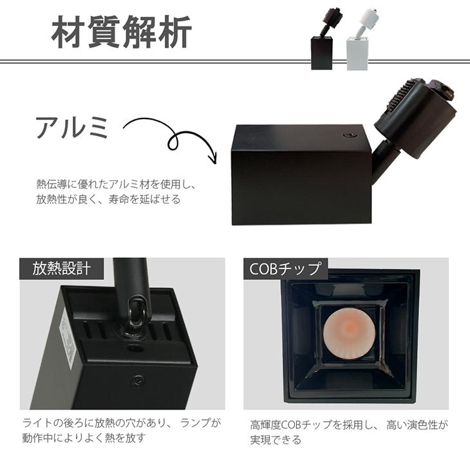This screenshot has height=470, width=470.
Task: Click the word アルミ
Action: coord(72,128)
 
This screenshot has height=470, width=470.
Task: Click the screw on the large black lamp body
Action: coord(352,136)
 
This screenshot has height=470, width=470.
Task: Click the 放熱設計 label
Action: coord(62,268)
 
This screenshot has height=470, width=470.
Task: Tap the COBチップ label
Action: coord(285,268)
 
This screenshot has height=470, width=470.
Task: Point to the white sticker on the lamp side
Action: coord(69,335)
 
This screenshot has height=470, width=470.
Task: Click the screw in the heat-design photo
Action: coord(137,381)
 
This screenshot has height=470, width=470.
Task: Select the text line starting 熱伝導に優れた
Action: coord(115,185)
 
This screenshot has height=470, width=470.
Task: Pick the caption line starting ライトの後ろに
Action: coord(121,423)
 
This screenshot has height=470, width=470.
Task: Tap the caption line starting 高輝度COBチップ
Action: coord(348,425)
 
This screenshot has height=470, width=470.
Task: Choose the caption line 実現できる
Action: coord(275,440)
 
